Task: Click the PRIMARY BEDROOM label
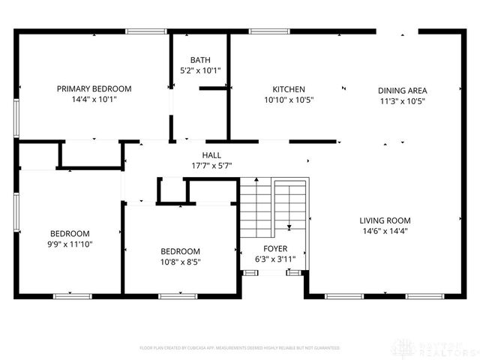coord(94,88)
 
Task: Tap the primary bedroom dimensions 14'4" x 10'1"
coord(94,99)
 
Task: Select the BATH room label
coord(200,60)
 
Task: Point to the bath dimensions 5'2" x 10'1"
coord(200,70)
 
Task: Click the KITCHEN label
coord(288,88)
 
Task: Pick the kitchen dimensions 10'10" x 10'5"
coord(288,99)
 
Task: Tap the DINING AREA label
coord(402,90)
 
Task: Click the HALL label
coord(211,154)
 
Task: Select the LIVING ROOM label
coord(385,220)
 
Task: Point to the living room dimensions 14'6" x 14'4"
coord(385,231)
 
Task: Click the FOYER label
coord(274,248)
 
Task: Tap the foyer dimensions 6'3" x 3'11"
coord(274,259)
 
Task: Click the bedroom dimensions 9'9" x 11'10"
coord(70,244)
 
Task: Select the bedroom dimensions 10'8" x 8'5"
coord(180,262)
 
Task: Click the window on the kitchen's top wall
coord(265,31)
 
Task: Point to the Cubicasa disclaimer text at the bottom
coord(240,348)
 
